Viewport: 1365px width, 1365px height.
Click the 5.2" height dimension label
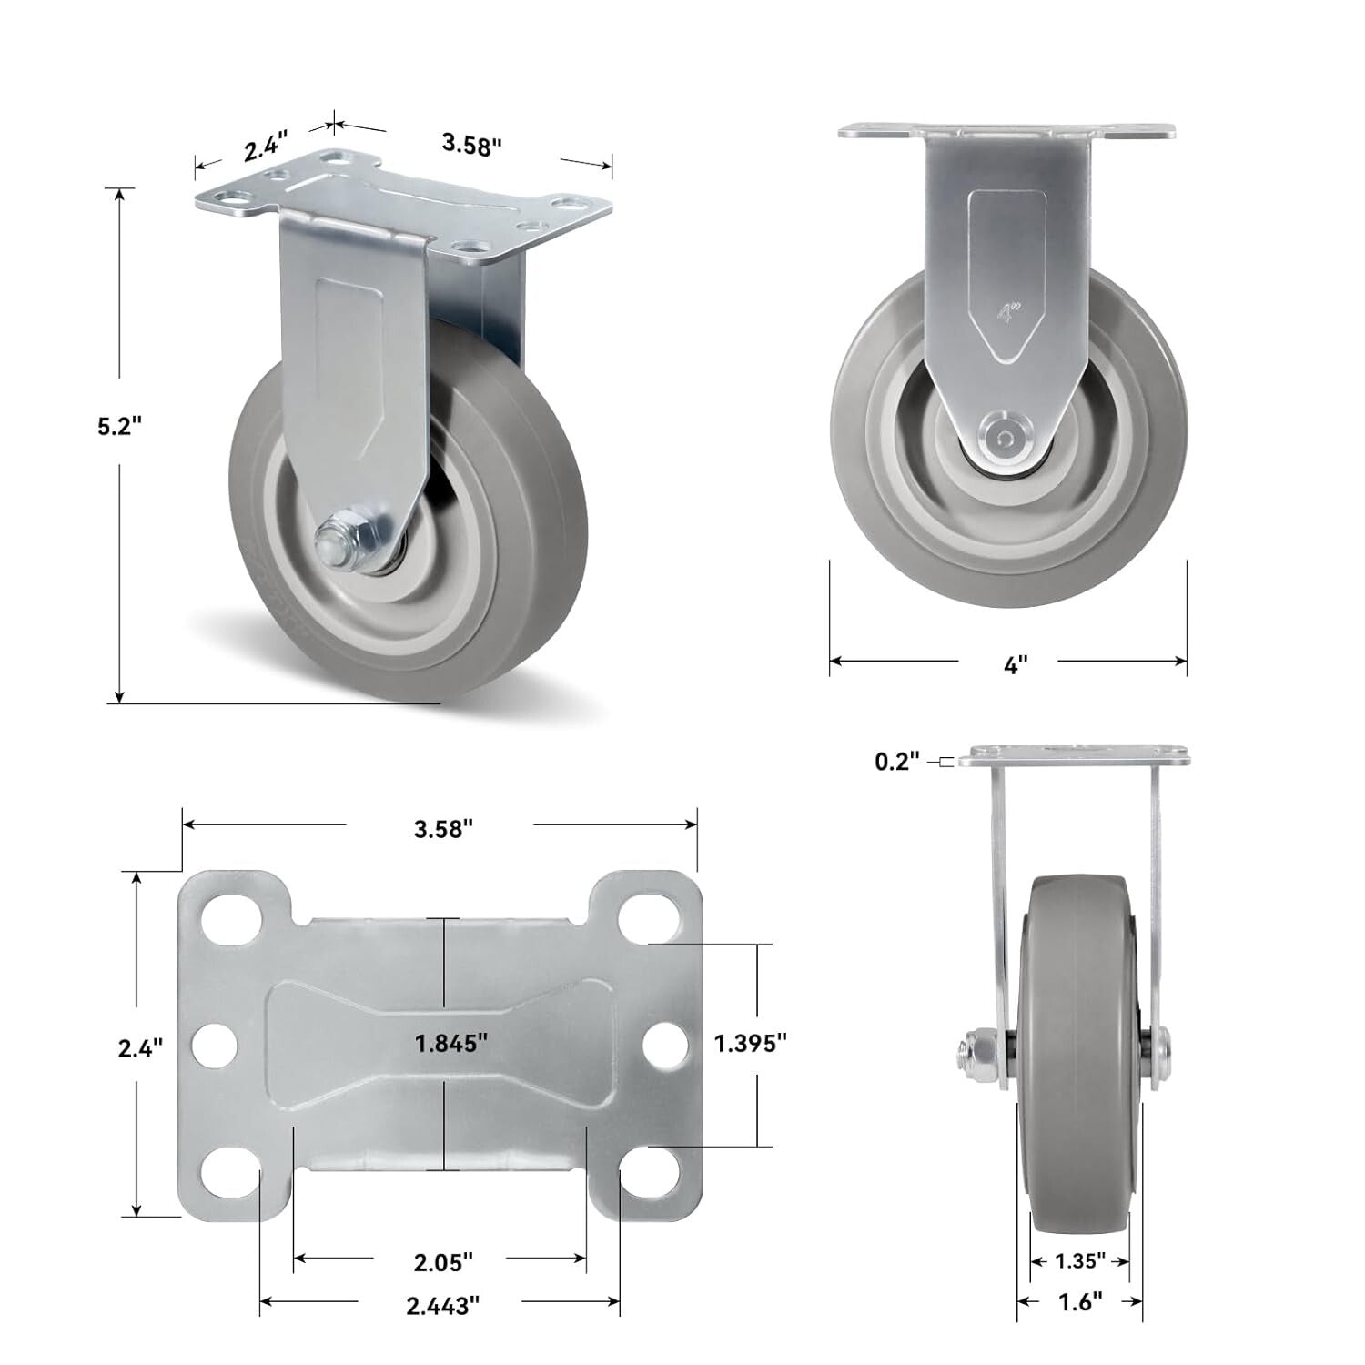point(120,427)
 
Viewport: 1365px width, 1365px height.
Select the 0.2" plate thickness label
point(897,761)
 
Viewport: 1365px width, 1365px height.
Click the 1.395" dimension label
point(751,1043)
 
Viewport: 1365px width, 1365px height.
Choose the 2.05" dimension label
point(443,1262)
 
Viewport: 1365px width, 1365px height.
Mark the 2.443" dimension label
point(443,1306)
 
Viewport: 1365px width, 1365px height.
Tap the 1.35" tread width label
point(1080,1260)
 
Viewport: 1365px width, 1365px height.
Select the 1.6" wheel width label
point(1080,1302)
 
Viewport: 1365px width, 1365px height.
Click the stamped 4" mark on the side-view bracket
point(1006,314)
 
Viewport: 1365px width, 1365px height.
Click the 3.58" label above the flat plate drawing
point(443,829)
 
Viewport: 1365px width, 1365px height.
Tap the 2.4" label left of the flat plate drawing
point(140,1048)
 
